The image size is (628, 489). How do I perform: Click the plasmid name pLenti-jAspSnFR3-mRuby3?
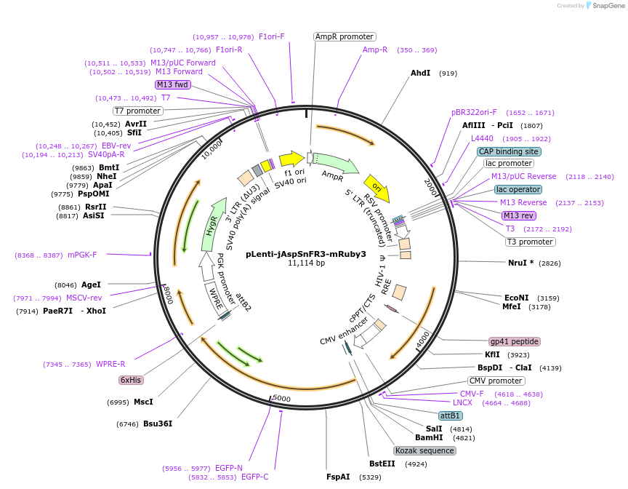pos(306,254)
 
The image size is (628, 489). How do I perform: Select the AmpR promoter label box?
pos(345,36)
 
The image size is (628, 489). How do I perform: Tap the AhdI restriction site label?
pos(421,73)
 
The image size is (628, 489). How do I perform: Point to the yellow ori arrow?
pos(377,188)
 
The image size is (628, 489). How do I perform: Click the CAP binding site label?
pos(509,151)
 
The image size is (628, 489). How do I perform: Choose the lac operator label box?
pos(518,189)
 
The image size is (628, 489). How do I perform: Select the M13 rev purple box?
pos(518,215)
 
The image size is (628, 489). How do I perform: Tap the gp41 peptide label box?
pos(515,341)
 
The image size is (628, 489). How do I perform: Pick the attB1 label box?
pos(451,416)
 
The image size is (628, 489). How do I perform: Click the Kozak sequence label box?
pos(425,450)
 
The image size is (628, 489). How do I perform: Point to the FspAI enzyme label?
pos(339,477)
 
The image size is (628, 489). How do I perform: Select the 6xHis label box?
pos(130,380)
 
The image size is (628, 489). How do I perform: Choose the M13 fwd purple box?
pos(172,84)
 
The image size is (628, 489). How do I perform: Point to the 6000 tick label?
pos(281,399)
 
